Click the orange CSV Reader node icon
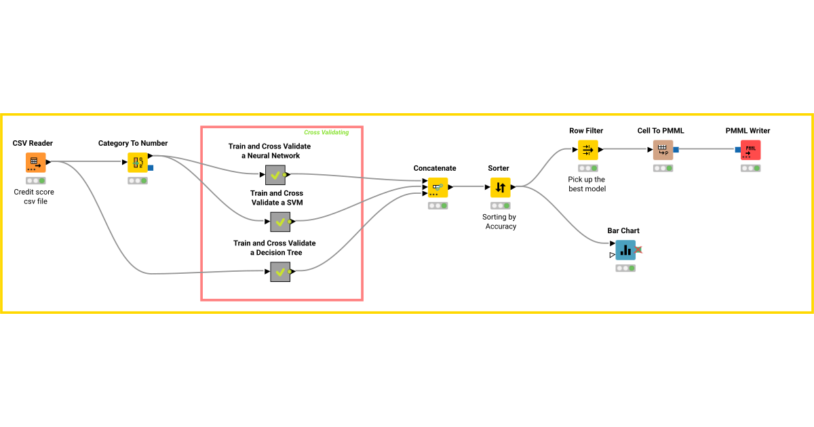tap(35, 163)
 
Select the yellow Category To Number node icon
tap(138, 163)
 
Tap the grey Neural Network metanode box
tap(275, 175)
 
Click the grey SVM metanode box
tap(280, 222)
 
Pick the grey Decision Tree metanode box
tap(280, 272)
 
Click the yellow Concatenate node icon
tap(438, 187)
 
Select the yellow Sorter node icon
tap(501, 187)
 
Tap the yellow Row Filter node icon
tap(587, 150)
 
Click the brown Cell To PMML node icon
tap(663, 150)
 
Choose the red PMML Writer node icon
tap(750, 150)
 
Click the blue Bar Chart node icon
tap(625, 250)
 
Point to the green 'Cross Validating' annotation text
tap(326, 133)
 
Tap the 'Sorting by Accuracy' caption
tap(501, 222)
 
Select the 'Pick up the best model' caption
tap(587, 184)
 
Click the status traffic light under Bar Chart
tap(625, 268)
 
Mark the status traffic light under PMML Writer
tap(750, 168)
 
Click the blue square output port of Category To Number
tap(151, 168)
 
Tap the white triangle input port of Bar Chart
tap(612, 255)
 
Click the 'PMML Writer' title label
tap(748, 131)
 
